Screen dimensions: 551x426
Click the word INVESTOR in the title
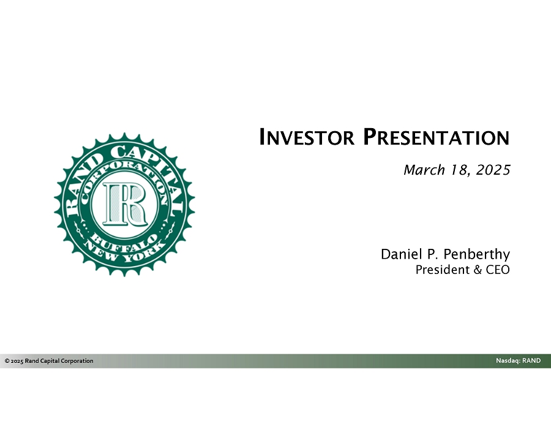pos(307,137)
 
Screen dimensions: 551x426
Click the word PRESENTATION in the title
pos(436,137)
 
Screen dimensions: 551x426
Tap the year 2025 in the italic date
pos(493,170)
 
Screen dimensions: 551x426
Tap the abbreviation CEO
pos(498,270)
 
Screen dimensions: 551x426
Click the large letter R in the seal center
pos(125,204)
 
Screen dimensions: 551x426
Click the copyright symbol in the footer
pos(7,361)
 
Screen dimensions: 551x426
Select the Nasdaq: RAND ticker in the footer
pos(519,360)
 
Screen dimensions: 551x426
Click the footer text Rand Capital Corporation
pos(59,361)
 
